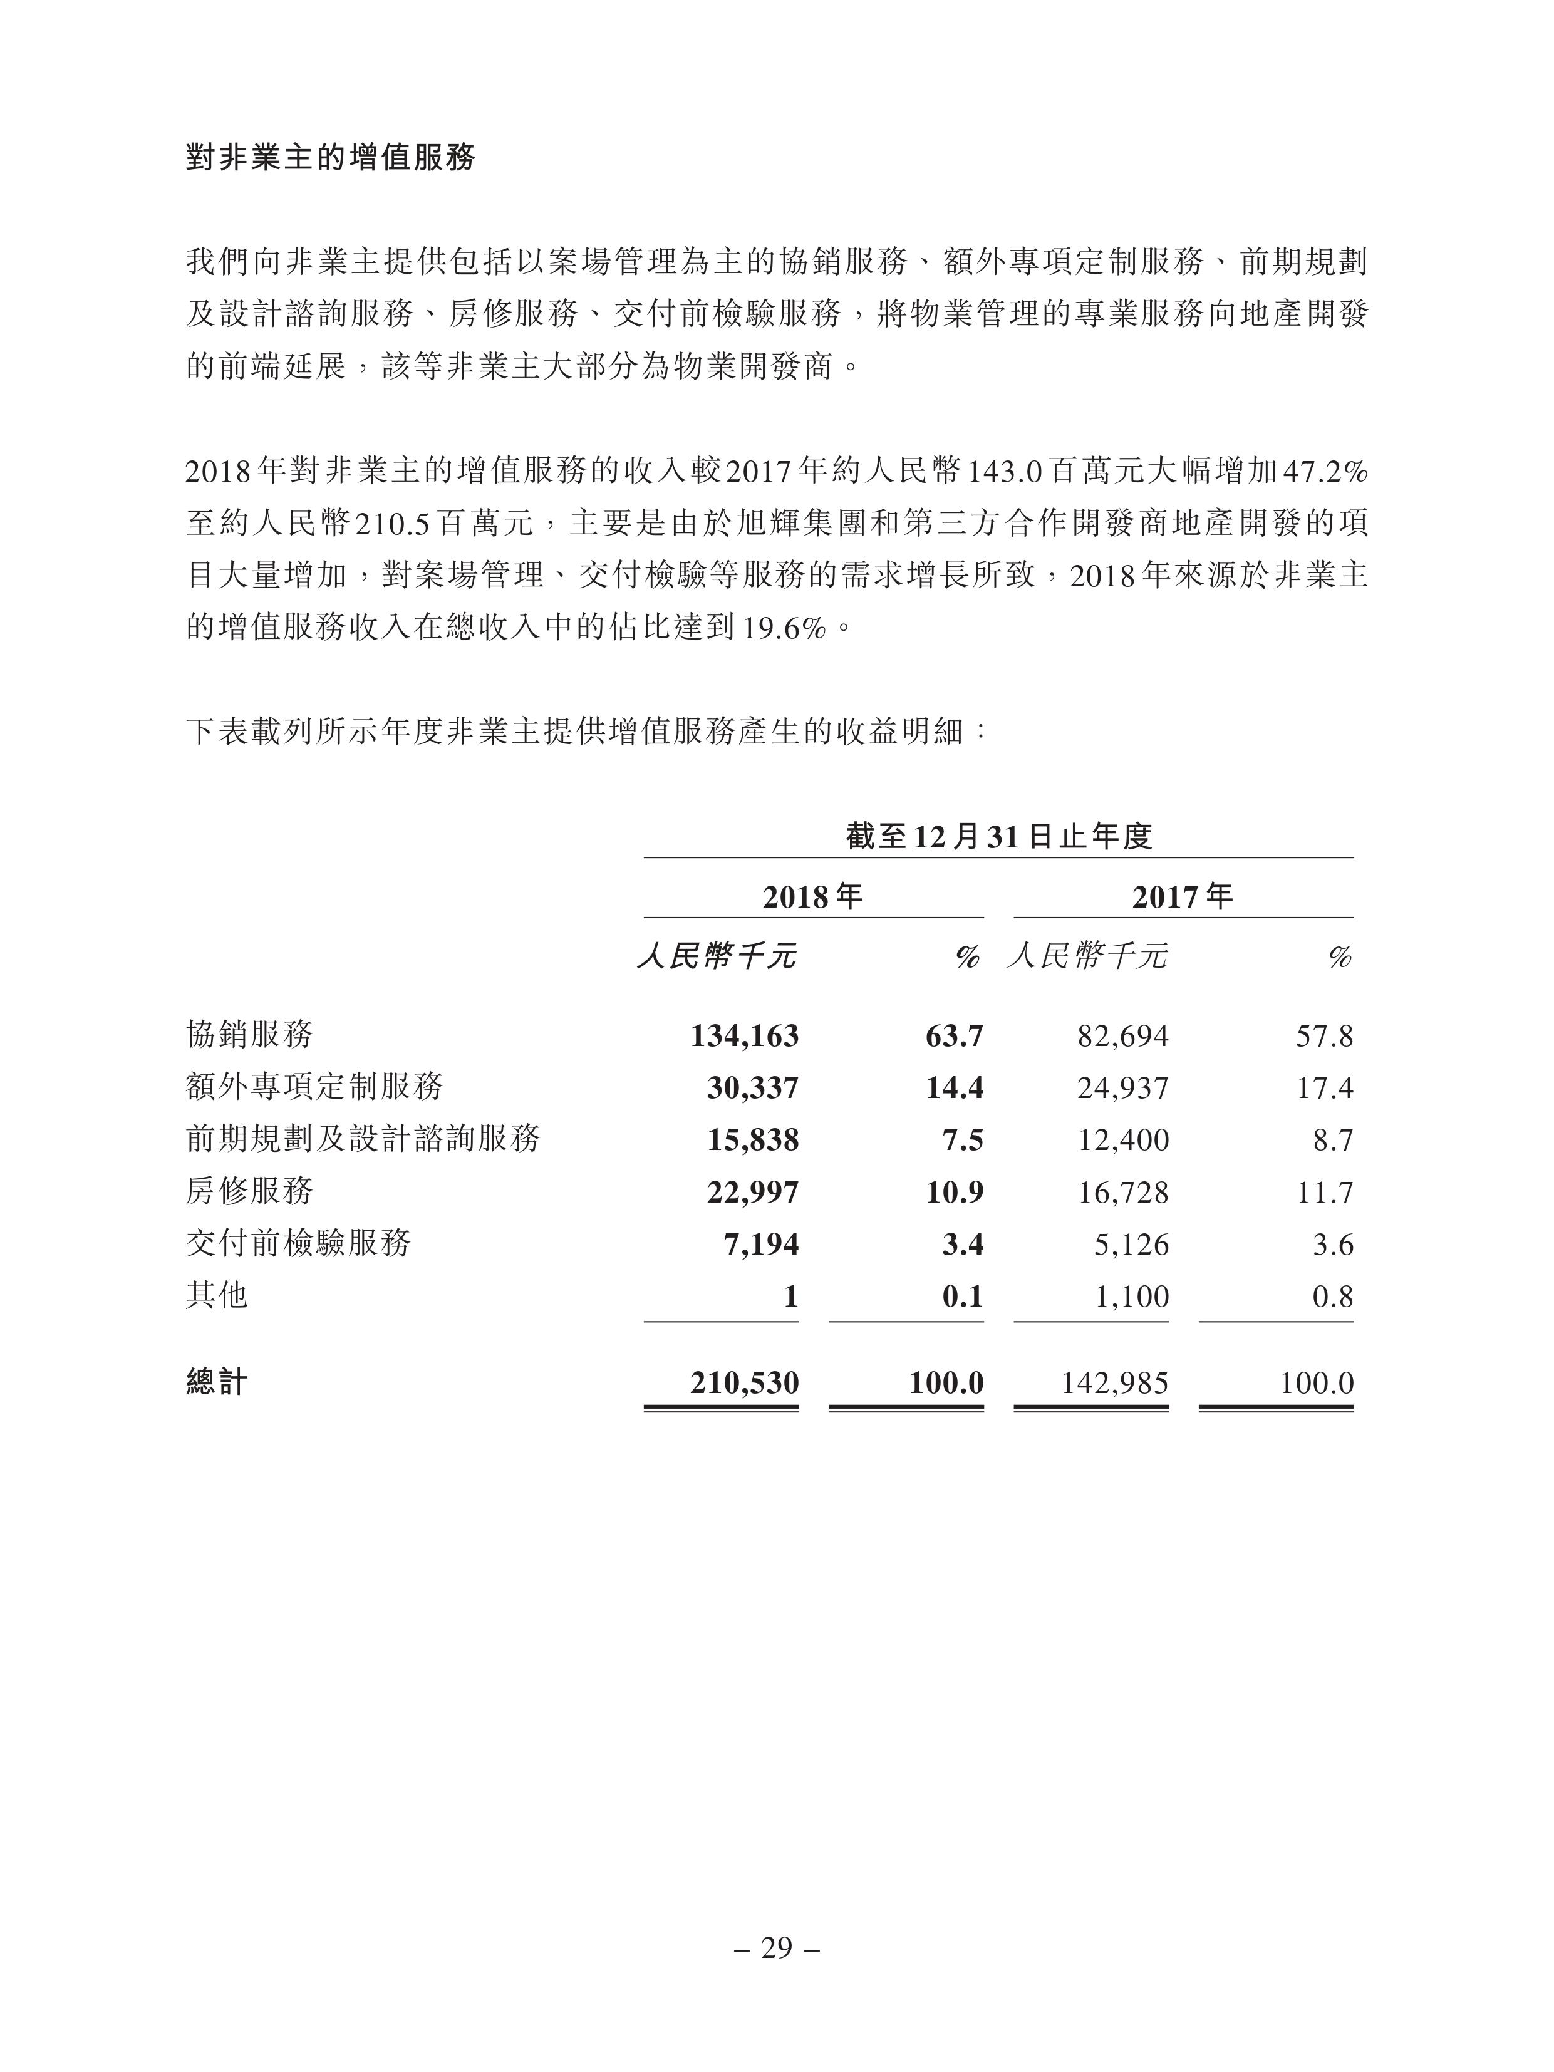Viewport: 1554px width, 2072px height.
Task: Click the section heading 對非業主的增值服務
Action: point(329,157)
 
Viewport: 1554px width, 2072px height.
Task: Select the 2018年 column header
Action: point(812,898)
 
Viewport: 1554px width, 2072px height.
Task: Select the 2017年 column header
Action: point(1182,898)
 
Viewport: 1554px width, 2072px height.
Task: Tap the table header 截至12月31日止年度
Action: point(998,836)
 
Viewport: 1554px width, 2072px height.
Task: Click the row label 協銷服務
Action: point(249,1034)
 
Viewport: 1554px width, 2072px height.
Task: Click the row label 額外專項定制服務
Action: point(314,1087)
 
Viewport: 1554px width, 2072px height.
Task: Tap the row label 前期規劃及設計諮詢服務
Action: point(363,1139)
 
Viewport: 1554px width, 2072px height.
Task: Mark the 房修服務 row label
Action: point(249,1191)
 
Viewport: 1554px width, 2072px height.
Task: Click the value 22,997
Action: point(752,1193)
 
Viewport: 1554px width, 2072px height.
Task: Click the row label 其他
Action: point(216,1295)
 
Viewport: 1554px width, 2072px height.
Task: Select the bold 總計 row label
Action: point(216,1382)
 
